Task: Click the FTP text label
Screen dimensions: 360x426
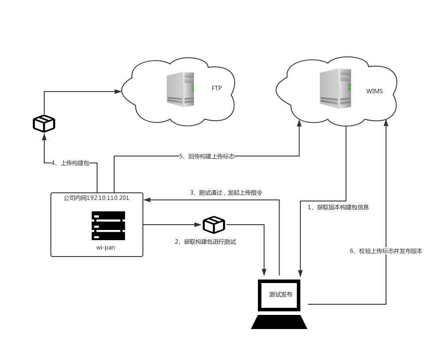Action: (217, 88)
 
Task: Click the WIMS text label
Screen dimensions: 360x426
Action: (374, 92)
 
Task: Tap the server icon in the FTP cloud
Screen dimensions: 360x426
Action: (180, 89)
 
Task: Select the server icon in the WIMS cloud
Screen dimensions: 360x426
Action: (336, 88)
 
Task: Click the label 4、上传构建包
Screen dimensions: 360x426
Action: (70, 163)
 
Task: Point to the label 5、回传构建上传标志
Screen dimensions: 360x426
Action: (207, 156)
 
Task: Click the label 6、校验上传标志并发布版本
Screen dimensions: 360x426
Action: (386, 251)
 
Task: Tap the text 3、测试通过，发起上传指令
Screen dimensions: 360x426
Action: (226, 193)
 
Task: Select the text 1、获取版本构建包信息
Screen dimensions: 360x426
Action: (338, 207)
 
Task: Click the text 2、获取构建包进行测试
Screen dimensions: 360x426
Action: (205, 242)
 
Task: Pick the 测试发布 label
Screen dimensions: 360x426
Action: (280, 295)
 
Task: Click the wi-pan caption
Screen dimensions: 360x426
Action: (106, 248)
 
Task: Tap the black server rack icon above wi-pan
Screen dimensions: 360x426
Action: (108, 226)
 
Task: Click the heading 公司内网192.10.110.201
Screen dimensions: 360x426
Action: (96, 198)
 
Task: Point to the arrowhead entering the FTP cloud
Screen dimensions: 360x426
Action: (118, 92)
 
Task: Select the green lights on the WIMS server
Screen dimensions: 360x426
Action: (349, 87)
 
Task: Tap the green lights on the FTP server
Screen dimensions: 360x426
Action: (193, 88)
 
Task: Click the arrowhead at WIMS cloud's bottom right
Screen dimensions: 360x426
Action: (386, 123)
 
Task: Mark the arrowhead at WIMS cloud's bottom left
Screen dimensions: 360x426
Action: (299, 123)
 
